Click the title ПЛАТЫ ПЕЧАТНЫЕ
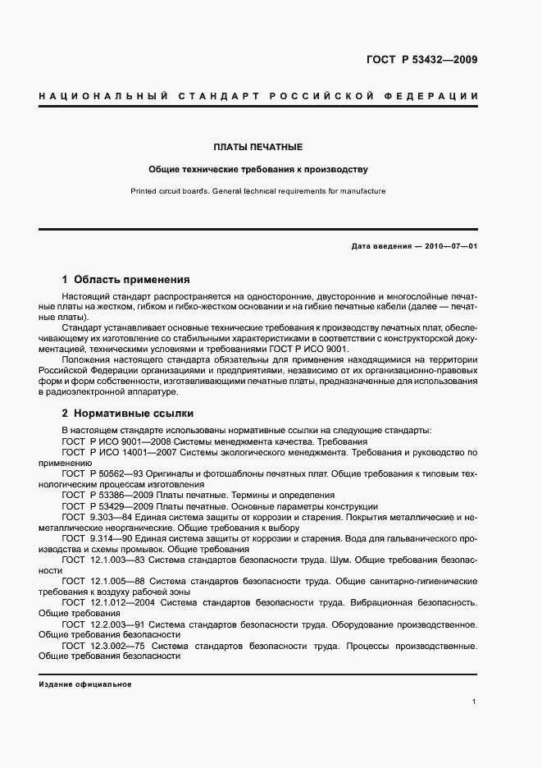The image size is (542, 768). point(258,147)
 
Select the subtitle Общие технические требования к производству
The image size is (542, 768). point(258,170)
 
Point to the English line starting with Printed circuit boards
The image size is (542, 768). point(258,191)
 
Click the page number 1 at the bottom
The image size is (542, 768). point(475,702)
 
